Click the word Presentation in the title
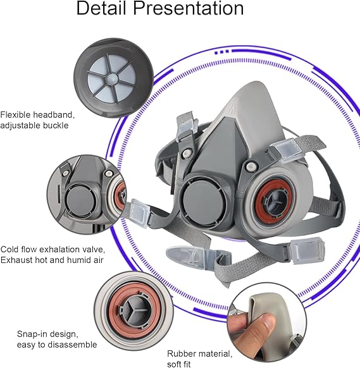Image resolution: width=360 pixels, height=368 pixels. click(189, 9)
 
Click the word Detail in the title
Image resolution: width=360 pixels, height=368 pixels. click(101, 8)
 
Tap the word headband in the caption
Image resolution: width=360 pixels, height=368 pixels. click(53, 115)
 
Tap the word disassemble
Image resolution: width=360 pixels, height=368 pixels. click(72, 345)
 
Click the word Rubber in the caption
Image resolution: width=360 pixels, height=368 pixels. click(180, 353)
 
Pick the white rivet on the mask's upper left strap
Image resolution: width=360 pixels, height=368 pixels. click(187, 154)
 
